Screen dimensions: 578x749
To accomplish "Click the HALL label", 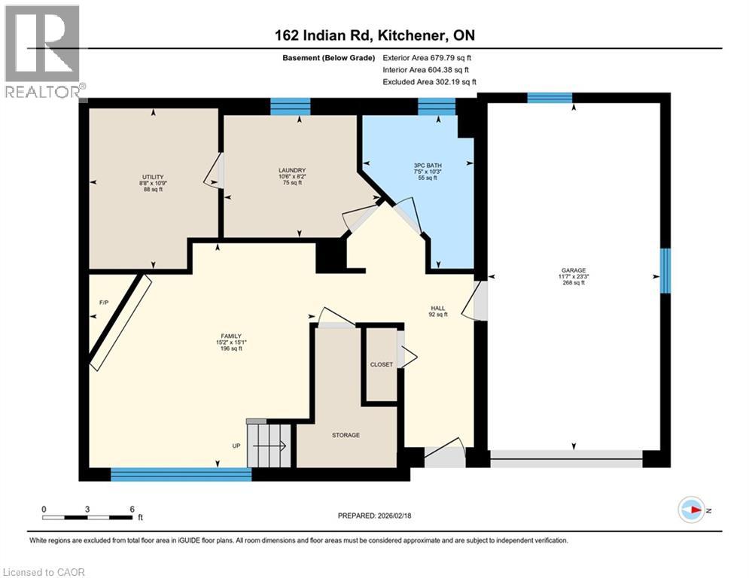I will [x=437, y=309].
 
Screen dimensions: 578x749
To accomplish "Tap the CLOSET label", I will [x=382, y=364].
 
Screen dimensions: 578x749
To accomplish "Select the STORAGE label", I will [x=346, y=435].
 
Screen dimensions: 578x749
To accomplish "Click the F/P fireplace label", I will [x=105, y=303].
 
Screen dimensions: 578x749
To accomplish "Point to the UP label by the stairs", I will [x=236, y=446].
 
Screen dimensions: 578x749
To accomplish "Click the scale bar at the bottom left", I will [x=88, y=516].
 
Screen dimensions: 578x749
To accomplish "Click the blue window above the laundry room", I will [x=290, y=107].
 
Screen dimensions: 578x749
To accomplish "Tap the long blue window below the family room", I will [x=181, y=474].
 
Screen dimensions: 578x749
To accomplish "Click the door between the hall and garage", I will [x=480, y=301].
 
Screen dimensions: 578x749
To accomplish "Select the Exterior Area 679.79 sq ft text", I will [x=427, y=58].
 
